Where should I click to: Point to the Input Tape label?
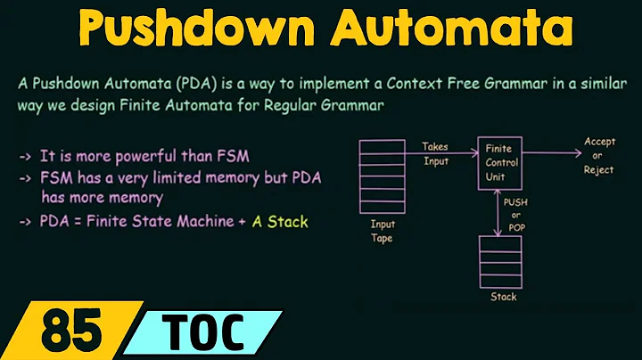(x=383, y=231)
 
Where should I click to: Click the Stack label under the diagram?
(x=502, y=297)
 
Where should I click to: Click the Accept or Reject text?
(x=598, y=155)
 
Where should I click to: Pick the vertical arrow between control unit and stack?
(x=501, y=211)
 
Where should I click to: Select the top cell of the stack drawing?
(x=502, y=243)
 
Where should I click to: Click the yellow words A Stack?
(x=280, y=220)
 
